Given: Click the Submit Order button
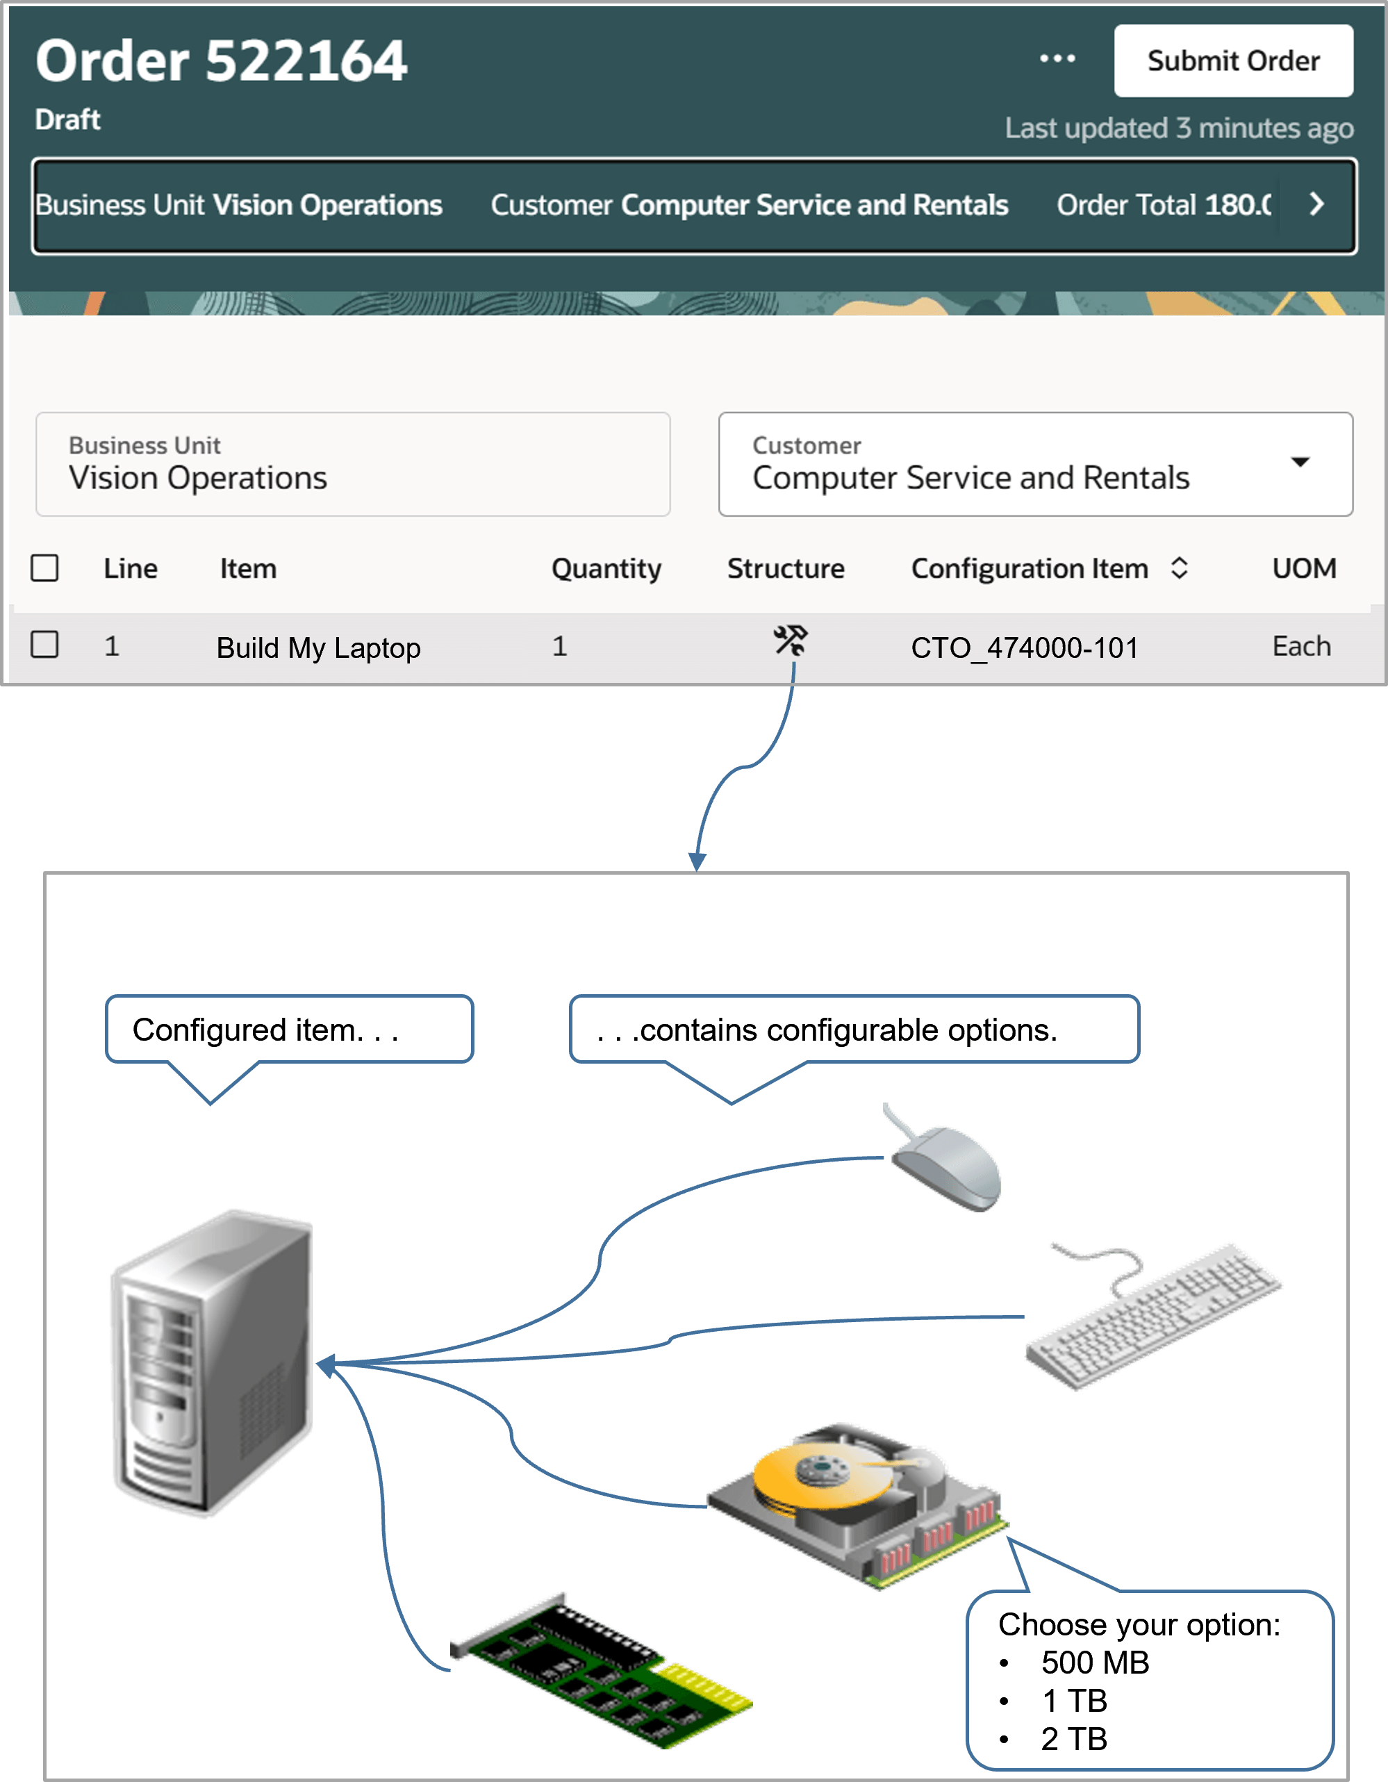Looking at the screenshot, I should point(1233,61).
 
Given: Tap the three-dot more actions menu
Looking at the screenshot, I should point(1057,59).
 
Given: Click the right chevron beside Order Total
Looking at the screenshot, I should point(1315,204).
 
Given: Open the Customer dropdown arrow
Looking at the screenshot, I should point(1300,463).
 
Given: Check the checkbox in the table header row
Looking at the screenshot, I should point(45,568).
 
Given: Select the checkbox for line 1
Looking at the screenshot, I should point(45,645).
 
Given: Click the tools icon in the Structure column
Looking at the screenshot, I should point(790,641).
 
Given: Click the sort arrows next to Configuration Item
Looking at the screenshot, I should point(1178,568).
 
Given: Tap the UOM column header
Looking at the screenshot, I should point(1303,568).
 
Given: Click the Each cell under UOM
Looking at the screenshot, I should point(1300,646).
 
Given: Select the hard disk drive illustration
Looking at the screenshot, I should point(857,1501).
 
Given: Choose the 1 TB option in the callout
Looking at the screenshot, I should point(1074,1701).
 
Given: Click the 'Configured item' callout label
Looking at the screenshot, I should point(265,1030).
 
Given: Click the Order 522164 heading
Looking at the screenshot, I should point(221,61).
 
